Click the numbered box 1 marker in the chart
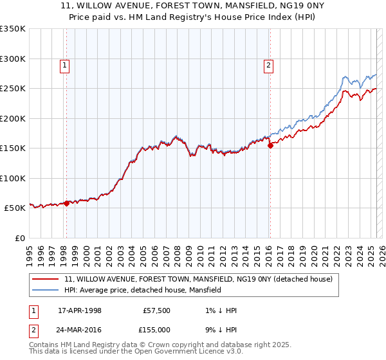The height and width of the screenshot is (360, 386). (x=66, y=64)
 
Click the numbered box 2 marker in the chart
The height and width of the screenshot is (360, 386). (x=268, y=64)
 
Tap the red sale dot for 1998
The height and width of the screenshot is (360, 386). (x=66, y=204)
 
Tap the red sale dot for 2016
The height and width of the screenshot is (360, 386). (x=270, y=145)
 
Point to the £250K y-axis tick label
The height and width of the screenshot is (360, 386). (x=13, y=89)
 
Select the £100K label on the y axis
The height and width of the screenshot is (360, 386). (x=13, y=178)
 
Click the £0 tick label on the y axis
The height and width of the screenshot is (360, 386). (x=19, y=238)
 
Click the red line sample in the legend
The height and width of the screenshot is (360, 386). (x=46, y=279)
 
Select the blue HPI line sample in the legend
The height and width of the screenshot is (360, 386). (x=46, y=290)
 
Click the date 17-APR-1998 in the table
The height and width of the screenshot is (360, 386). (x=80, y=310)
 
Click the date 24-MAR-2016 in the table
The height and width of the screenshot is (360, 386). (x=80, y=330)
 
